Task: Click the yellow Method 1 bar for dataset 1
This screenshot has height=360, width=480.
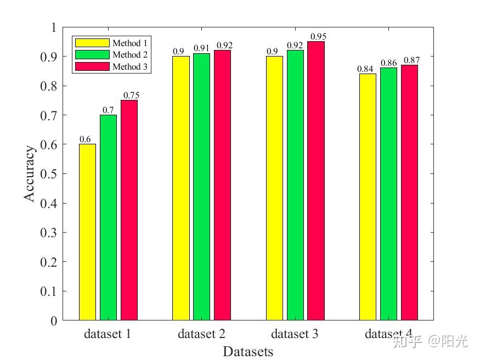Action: pos(87,232)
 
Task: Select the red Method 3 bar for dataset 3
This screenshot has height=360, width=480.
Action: pos(315,181)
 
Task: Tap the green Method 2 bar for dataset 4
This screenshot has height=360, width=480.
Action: pos(388,194)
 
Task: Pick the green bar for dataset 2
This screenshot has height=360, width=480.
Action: pos(201,187)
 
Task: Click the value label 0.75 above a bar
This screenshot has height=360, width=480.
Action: pos(131,95)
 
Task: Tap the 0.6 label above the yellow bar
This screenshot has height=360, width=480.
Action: pos(85,139)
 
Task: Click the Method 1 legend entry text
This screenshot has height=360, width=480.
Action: pos(130,43)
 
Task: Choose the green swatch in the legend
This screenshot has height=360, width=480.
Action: pos(92,55)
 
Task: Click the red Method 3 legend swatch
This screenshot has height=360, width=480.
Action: pos(92,67)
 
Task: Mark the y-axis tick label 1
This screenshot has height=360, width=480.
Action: pos(53,27)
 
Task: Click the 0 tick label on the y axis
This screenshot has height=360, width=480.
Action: pos(53,321)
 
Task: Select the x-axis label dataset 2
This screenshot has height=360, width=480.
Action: pos(201,334)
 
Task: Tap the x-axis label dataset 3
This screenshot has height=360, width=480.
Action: pos(295,334)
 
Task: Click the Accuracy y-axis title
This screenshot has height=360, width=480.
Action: pos(31,173)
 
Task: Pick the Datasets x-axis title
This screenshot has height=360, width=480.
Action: pos(248,351)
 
